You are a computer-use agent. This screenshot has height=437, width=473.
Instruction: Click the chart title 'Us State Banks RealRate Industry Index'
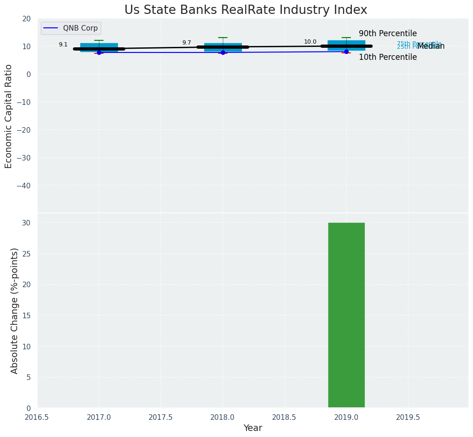246,10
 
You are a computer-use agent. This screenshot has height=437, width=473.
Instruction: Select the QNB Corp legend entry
71,28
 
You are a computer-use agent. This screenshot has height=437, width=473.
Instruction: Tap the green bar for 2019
346,315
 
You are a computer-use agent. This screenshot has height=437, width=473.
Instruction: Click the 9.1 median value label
63,45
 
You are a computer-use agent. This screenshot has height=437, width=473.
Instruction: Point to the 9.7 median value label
187,43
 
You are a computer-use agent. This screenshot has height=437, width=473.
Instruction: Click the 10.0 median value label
310,42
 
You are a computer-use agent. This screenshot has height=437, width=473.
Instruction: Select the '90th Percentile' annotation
388,34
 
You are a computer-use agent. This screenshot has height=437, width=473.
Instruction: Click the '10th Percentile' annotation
388,58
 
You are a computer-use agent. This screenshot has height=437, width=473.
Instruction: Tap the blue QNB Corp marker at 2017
99,52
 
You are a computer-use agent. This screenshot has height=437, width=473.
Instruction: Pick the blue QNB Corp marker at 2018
223,52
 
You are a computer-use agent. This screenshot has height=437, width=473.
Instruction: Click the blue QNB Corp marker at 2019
346,51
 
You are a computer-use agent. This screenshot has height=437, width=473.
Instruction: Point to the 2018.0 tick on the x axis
223,418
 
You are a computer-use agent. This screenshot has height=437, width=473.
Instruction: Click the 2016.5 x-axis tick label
37,418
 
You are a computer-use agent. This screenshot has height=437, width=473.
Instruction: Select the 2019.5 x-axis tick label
408,418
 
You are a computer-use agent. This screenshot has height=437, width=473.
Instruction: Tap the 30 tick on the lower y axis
27,223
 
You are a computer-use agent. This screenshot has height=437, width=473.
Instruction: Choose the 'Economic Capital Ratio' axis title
9,116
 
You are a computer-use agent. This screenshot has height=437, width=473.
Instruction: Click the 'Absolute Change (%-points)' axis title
14,311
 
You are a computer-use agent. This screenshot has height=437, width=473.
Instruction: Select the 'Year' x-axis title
253,428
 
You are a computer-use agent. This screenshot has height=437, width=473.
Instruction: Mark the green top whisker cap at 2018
223,38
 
